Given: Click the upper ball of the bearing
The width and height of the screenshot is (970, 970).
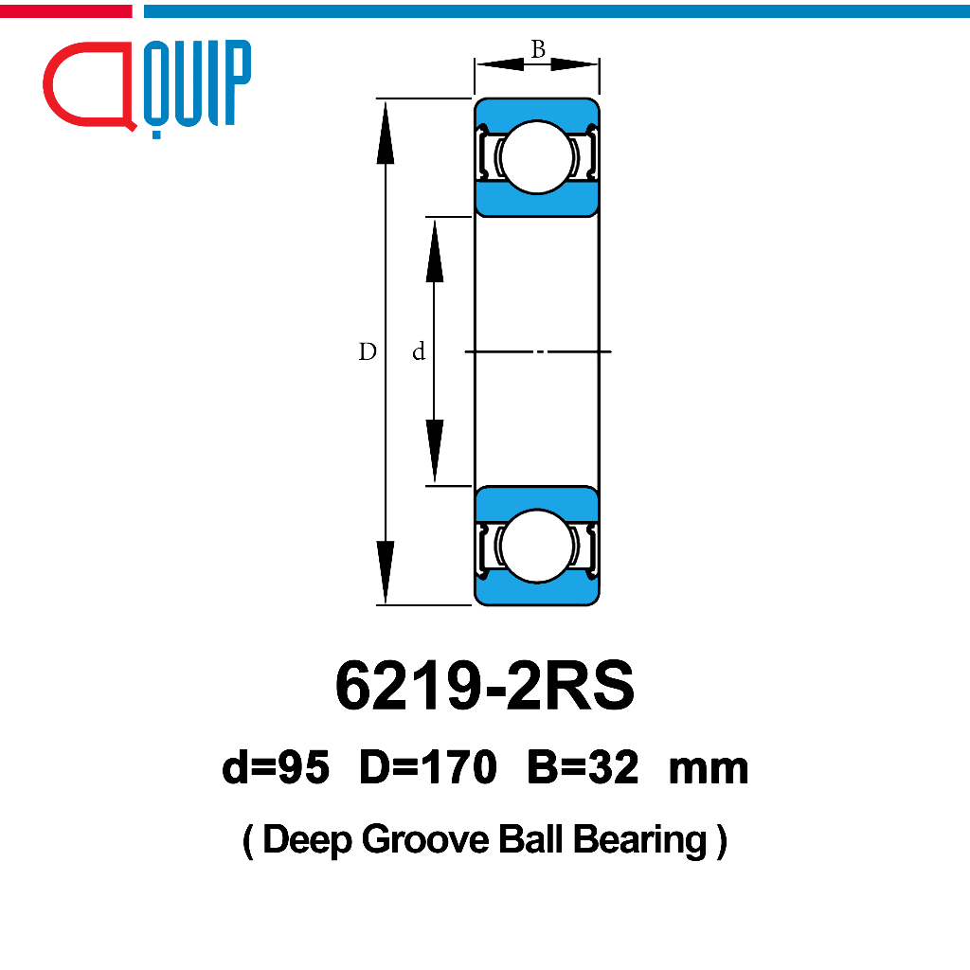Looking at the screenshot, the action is [536, 157].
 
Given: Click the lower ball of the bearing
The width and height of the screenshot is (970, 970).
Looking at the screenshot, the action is [536, 547].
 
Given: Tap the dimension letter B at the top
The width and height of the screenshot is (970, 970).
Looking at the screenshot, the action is [538, 49].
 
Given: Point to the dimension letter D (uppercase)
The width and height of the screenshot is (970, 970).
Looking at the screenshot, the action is [368, 351].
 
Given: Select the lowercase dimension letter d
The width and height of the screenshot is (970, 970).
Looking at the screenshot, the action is [419, 351].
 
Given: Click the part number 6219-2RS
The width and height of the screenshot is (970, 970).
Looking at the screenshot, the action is [485, 686].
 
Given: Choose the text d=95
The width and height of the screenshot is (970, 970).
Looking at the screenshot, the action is [276, 767].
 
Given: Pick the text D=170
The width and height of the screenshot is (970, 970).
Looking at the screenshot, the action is [428, 767].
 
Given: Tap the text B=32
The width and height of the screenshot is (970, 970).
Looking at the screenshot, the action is [583, 767].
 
